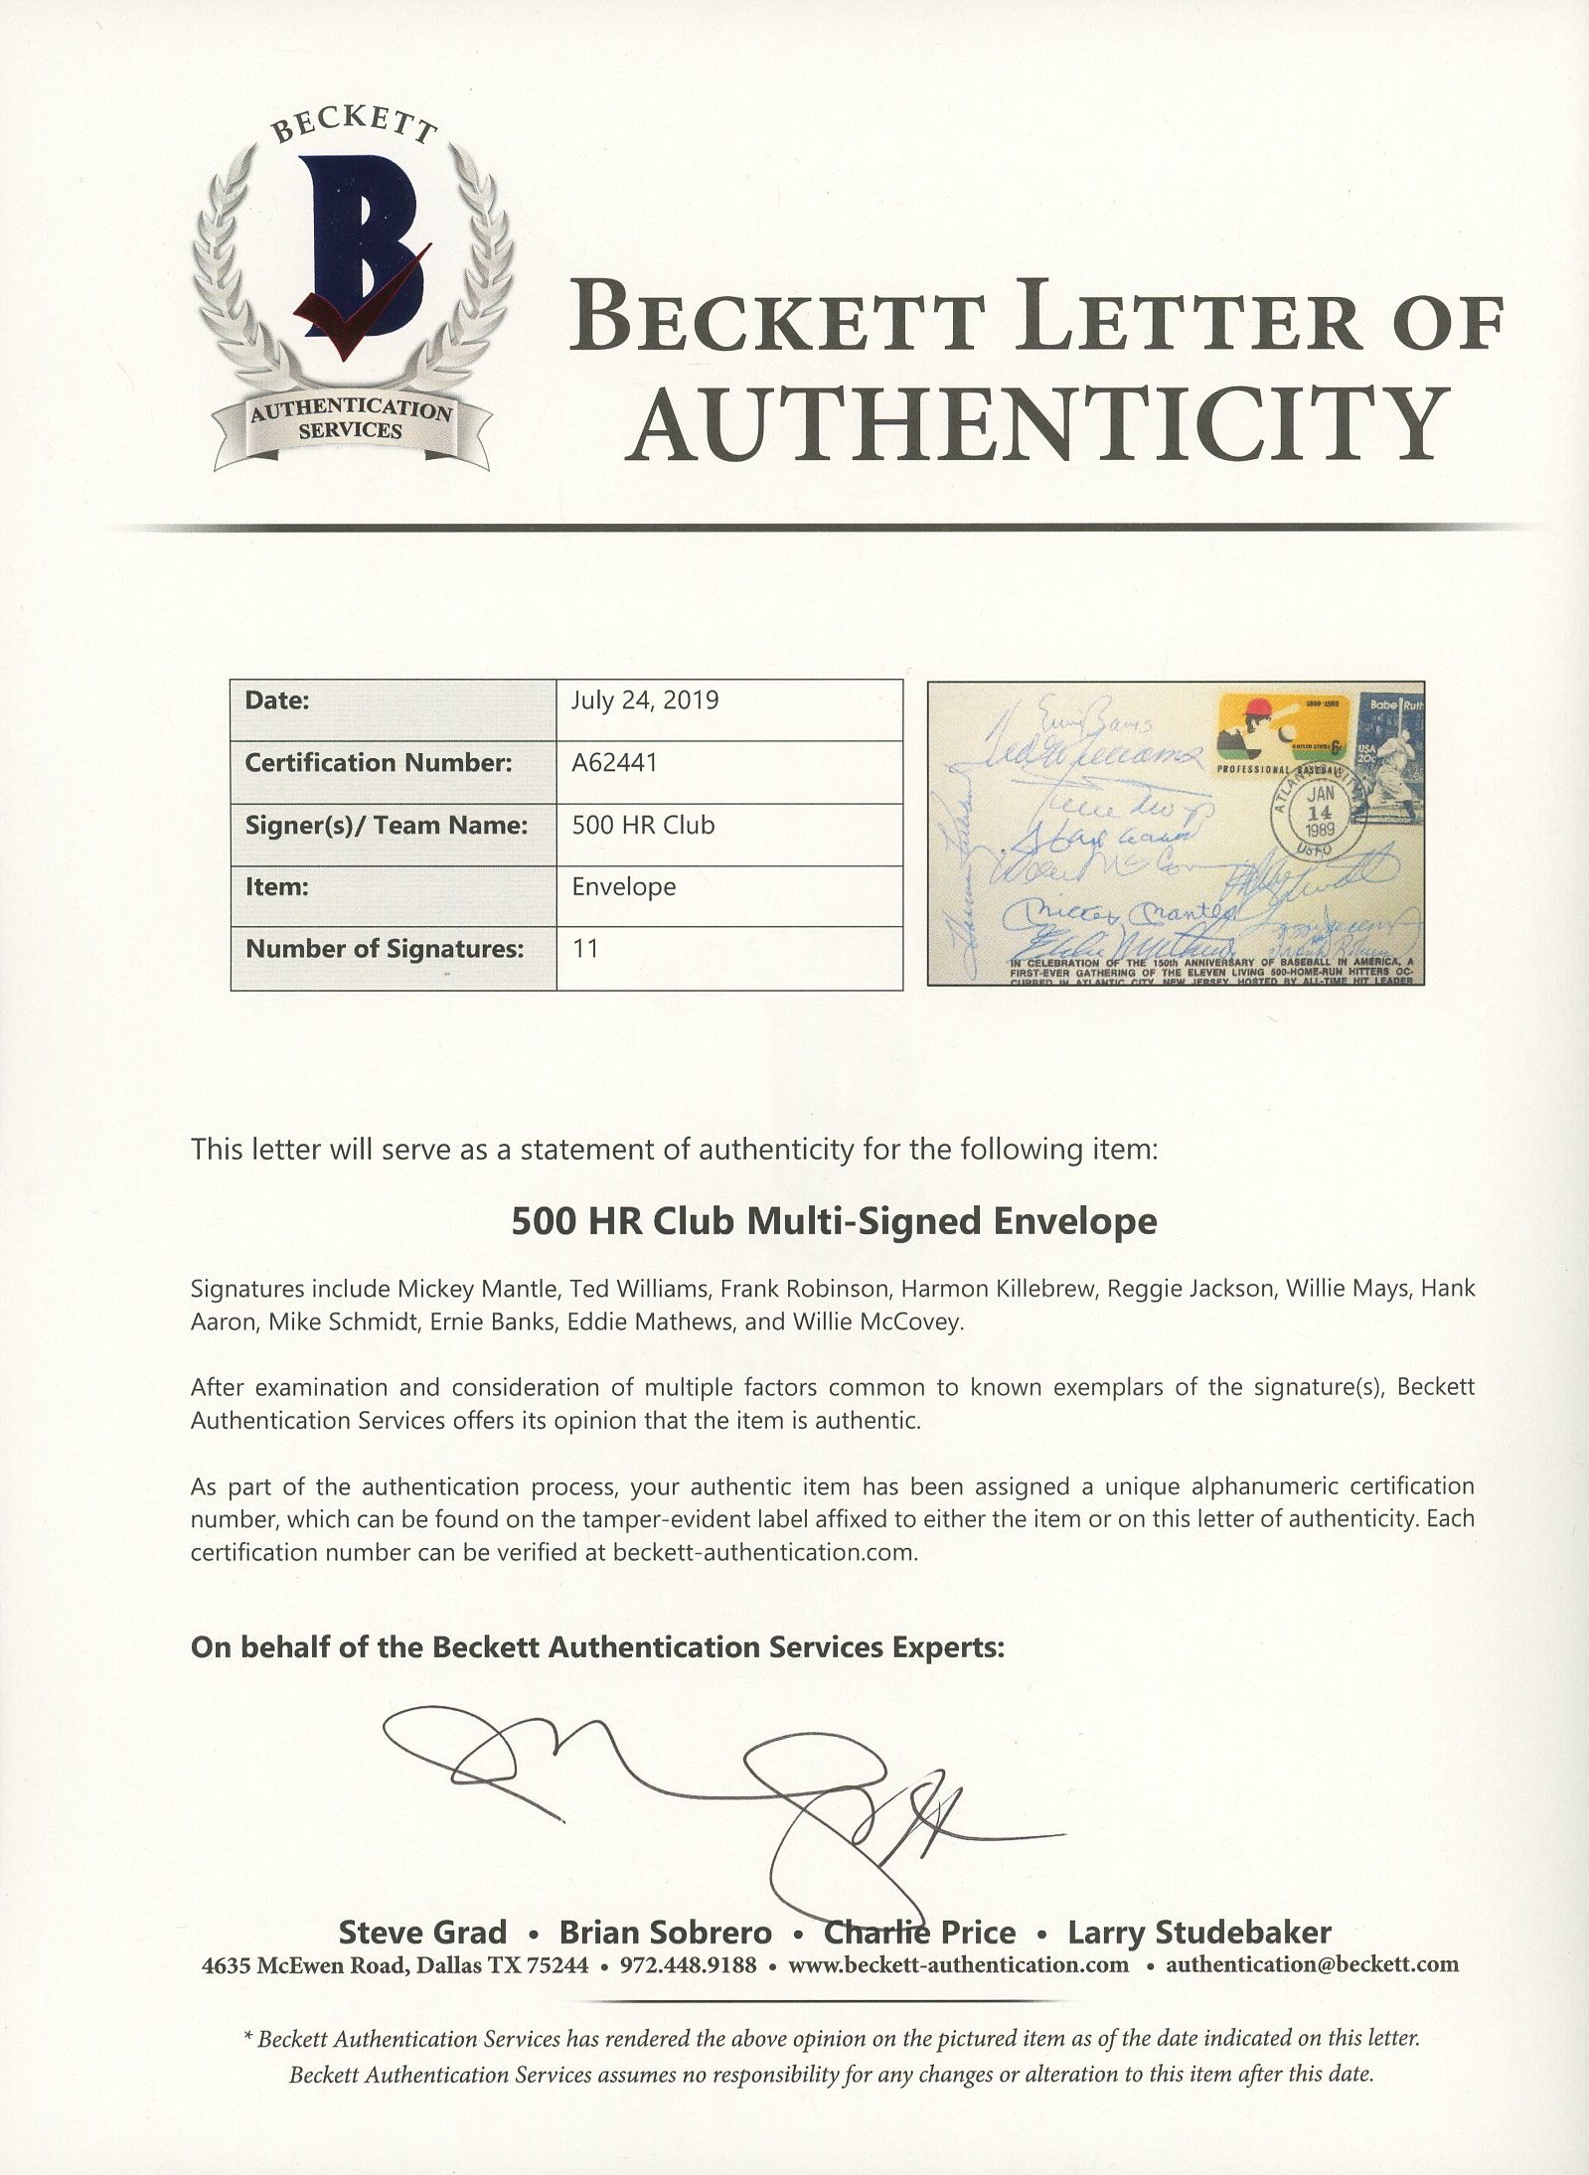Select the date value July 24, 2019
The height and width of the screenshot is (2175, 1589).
click(645, 700)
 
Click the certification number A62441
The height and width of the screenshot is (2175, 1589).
click(614, 762)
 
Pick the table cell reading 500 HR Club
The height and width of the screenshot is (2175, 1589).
click(643, 825)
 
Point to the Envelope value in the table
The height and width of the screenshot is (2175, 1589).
click(623, 886)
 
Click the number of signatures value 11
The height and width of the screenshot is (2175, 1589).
click(585, 948)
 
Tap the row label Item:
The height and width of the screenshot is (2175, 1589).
click(272, 886)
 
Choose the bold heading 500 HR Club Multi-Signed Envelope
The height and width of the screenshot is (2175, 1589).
click(834, 1220)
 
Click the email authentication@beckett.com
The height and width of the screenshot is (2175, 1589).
click(1312, 1964)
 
